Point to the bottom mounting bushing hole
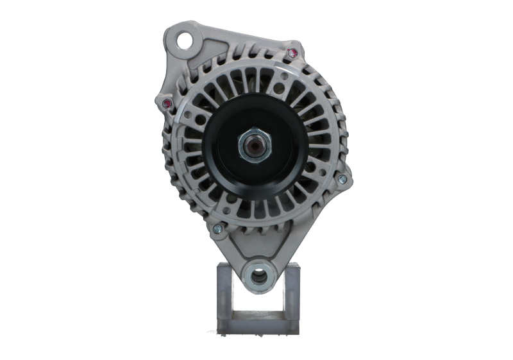tap(258, 277)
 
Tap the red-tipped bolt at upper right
tap(294, 53)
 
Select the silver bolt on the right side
tap(341, 178)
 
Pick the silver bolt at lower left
tap(217, 227)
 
